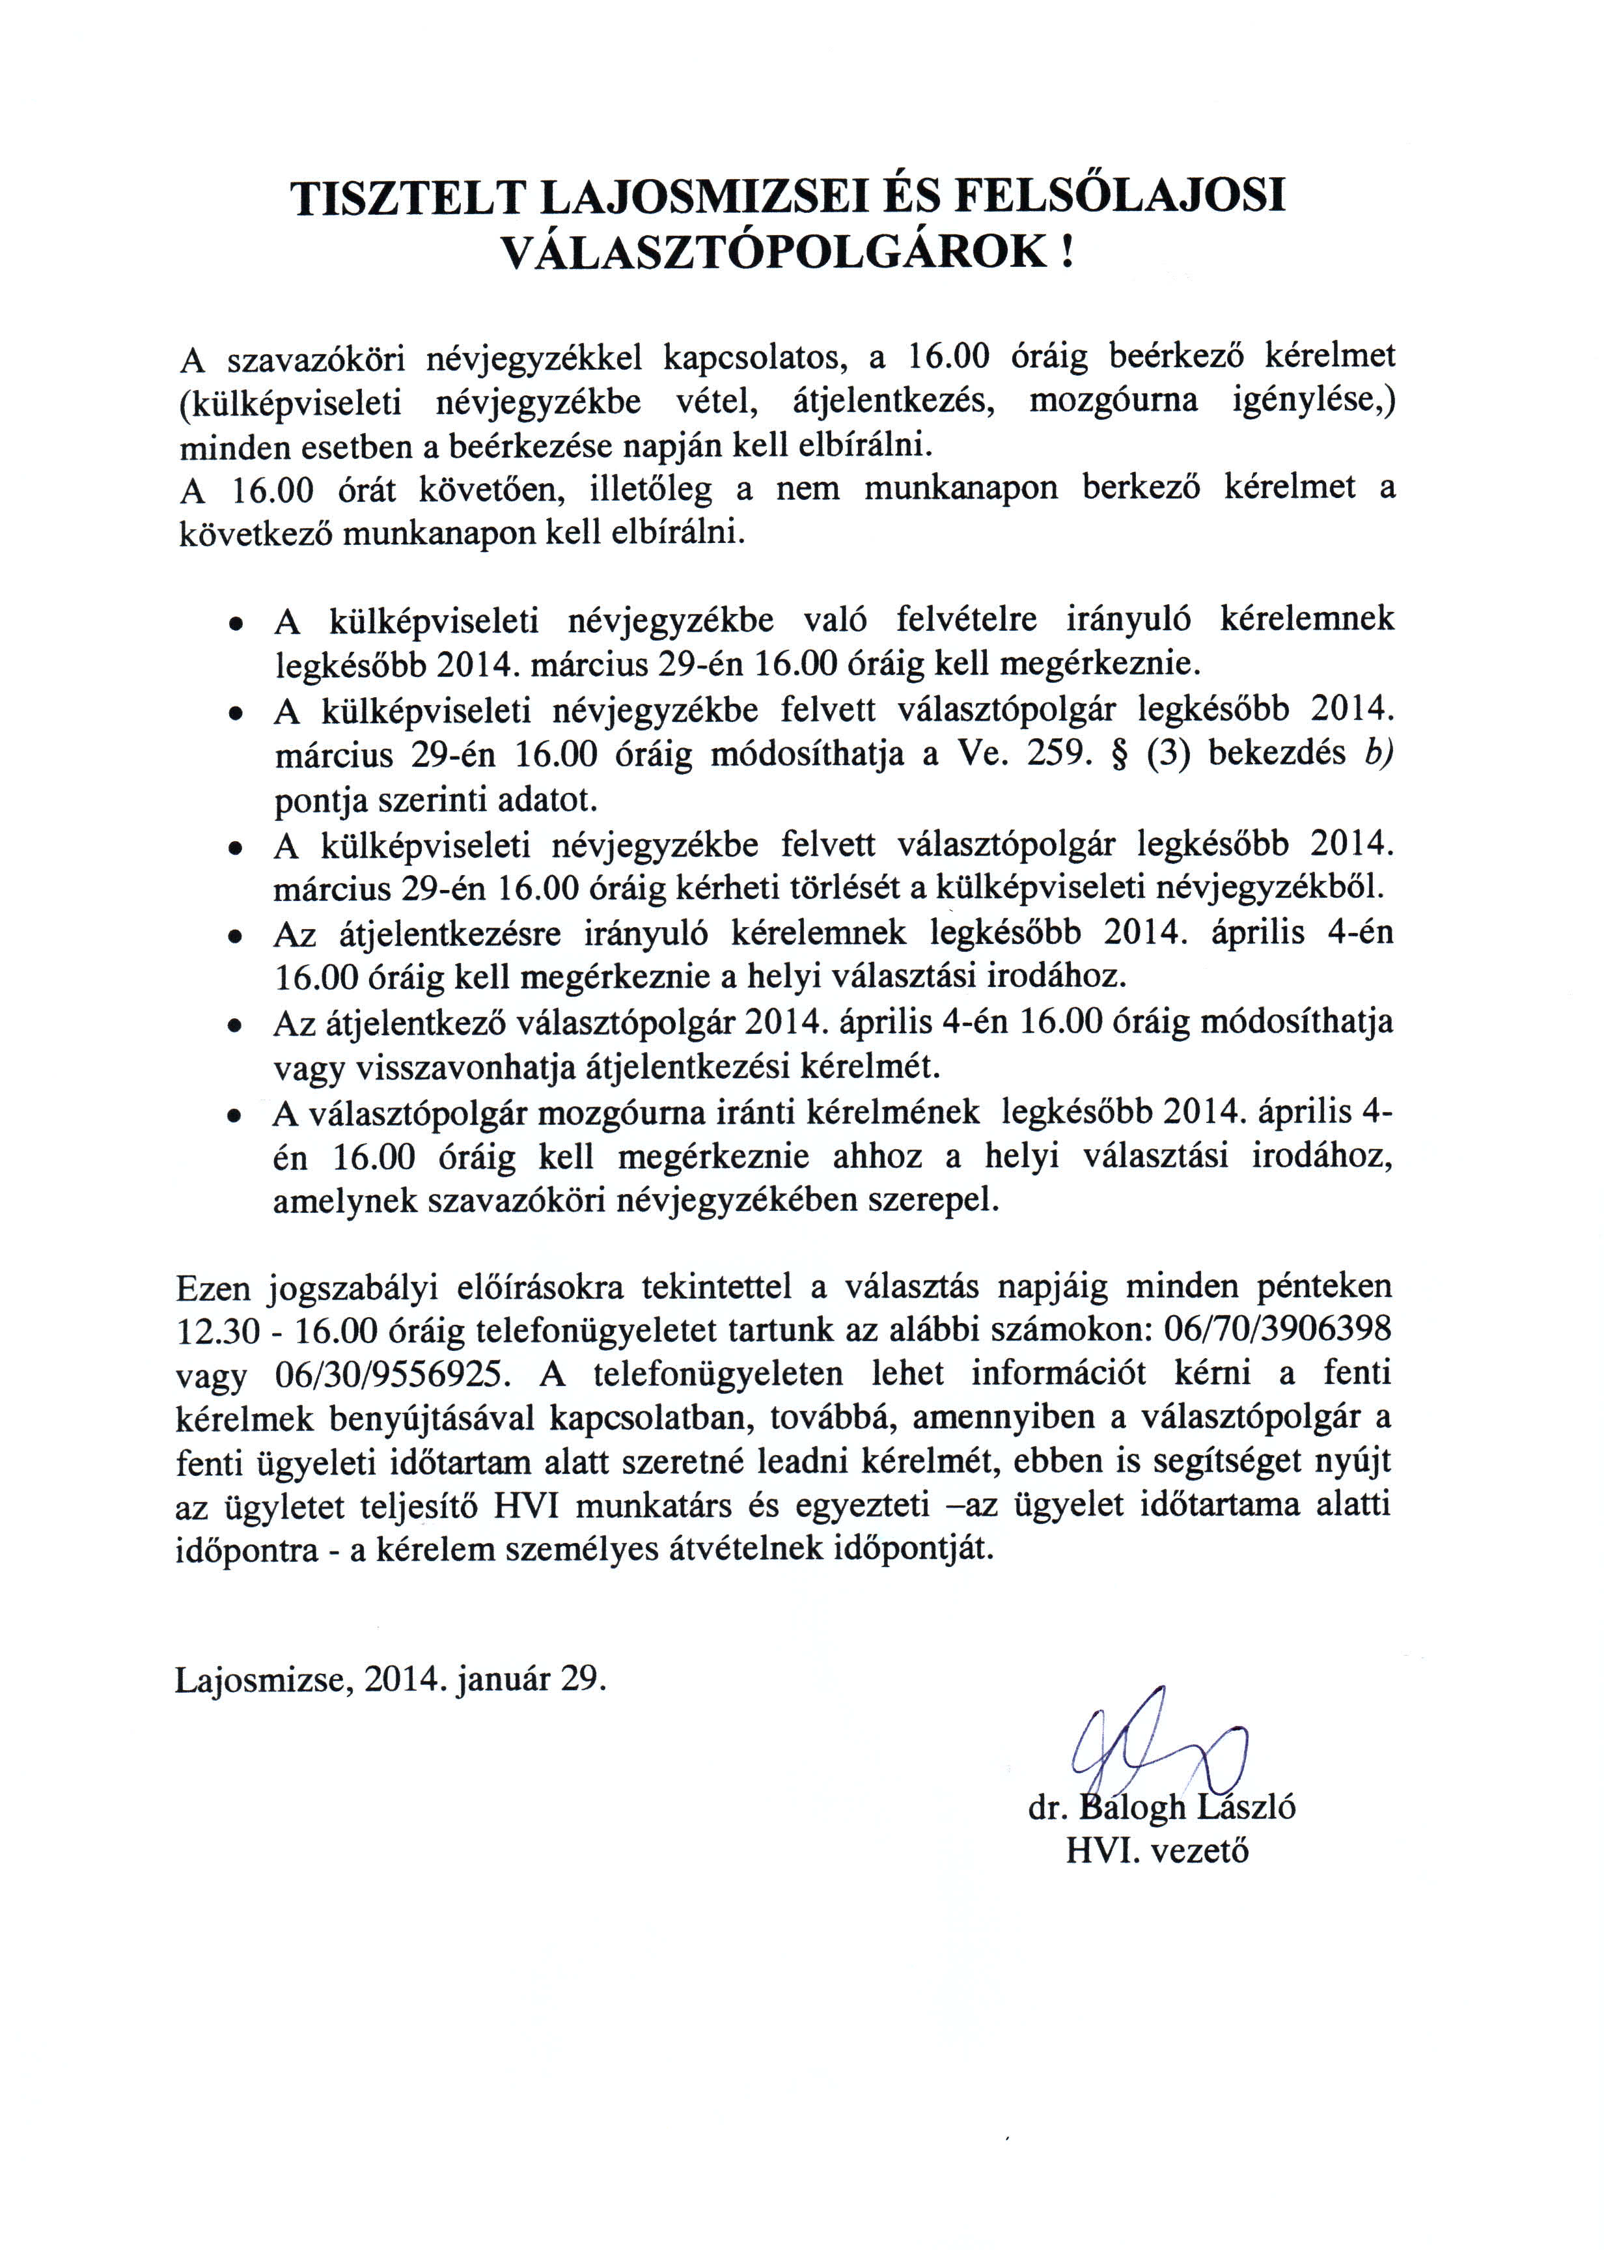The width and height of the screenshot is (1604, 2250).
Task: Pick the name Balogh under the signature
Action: [x=1134, y=1807]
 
